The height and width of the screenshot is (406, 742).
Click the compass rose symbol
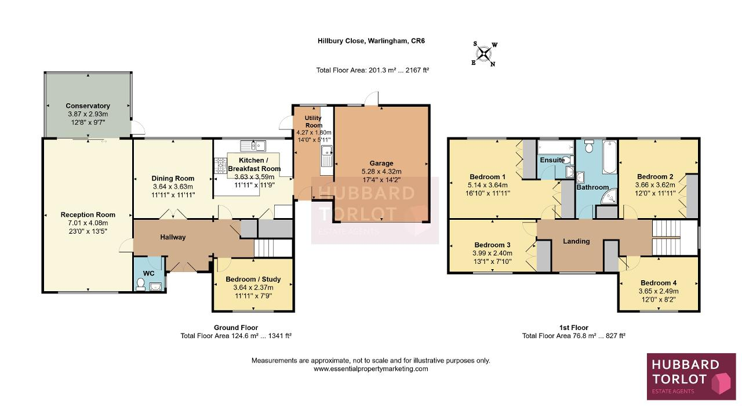[x=484, y=54]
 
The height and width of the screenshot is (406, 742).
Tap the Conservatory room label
[x=88, y=106]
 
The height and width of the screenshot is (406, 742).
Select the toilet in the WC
[x=141, y=284]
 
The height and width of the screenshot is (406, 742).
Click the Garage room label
[x=381, y=163]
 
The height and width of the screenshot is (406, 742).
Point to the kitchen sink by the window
[x=253, y=146]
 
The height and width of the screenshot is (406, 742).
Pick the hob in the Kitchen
[x=220, y=166]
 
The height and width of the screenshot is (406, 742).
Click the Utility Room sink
[x=326, y=156]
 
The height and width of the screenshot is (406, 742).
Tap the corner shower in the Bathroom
[x=609, y=196]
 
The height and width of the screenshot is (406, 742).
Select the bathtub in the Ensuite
[x=555, y=147]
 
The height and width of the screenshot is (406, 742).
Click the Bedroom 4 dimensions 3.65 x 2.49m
[x=659, y=291]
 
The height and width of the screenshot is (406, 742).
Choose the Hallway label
[x=173, y=237]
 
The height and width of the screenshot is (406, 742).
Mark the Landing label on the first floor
[x=576, y=241]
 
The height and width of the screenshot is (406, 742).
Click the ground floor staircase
[x=273, y=248]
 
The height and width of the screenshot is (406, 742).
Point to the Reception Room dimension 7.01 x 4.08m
[x=88, y=223]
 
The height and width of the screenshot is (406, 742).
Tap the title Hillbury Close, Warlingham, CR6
[x=372, y=41]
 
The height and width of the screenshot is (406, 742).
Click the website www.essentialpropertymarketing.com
[x=371, y=369]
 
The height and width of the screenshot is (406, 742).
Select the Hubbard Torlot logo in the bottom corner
[x=692, y=376]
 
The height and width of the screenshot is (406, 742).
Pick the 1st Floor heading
[x=574, y=328]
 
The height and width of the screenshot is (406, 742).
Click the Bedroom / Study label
[x=253, y=279]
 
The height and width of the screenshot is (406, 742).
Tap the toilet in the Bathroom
[x=588, y=146]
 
